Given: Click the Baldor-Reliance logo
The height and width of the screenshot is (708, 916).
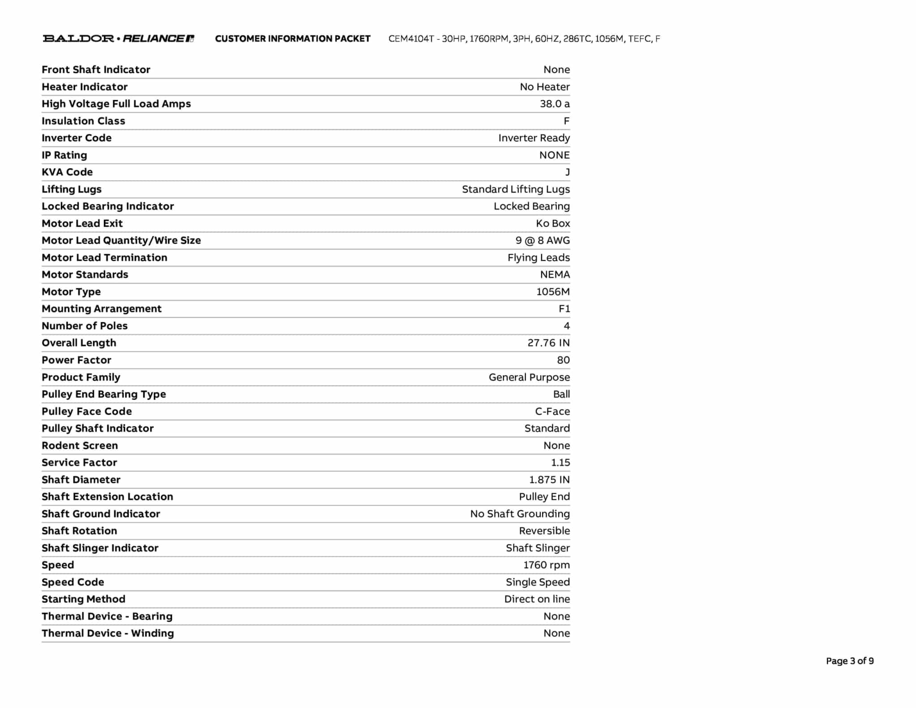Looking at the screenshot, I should click(119, 38).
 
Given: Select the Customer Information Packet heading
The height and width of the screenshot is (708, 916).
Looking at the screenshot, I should click(293, 39).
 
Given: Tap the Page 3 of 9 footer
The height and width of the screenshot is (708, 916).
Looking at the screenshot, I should click(849, 661).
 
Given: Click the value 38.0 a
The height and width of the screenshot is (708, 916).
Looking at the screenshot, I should click(555, 104).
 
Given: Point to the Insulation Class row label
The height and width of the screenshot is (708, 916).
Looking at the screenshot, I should click(83, 121).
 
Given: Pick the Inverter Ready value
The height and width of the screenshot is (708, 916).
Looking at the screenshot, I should click(534, 138).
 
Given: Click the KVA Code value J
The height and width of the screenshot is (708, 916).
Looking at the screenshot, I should click(567, 172).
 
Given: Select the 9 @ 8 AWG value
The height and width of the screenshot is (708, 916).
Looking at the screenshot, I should click(543, 240).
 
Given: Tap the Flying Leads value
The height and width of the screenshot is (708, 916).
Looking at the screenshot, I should click(539, 258).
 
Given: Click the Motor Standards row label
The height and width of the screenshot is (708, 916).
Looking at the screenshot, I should click(85, 274).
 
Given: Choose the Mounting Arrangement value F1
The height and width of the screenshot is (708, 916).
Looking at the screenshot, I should click(564, 309).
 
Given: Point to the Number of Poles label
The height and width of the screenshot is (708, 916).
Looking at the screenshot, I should click(85, 326).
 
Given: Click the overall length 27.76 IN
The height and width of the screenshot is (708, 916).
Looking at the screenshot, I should click(548, 343).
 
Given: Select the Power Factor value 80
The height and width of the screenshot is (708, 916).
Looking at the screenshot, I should click(563, 360).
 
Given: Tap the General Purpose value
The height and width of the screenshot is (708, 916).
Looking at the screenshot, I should click(529, 377).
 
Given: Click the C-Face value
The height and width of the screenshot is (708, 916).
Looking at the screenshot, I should click(552, 411).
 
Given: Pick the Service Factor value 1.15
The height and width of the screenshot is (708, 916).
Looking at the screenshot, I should click(560, 462).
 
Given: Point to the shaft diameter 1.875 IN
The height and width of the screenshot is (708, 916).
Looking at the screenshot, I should click(549, 480).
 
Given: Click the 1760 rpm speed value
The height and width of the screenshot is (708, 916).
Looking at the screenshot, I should click(547, 565).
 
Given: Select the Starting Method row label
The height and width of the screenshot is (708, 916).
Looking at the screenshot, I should click(84, 599).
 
